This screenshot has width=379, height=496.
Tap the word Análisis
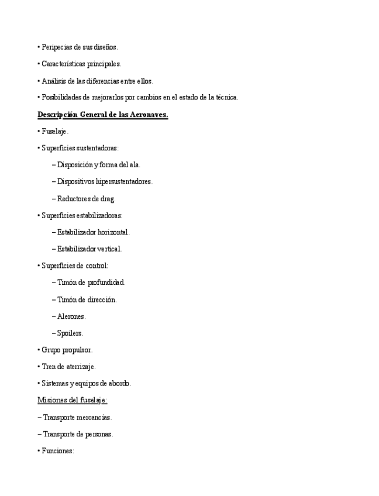pyautogui.click(x=54, y=81)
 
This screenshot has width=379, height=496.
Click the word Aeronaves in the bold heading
pyautogui.click(x=149, y=115)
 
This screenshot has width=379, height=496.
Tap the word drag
pyautogui.click(x=108, y=199)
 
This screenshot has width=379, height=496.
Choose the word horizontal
pyautogui.click(x=113, y=232)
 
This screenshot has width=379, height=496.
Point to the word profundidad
pyautogui.click(x=106, y=283)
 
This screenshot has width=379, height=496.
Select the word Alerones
pyautogui.click(x=71, y=316)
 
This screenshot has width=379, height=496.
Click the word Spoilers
pyautogui.click(x=70, y=333)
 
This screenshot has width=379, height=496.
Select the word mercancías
pyautogui.click(x=94, y=418)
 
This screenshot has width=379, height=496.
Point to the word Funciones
pyautogui.click(x=57, y=451)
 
